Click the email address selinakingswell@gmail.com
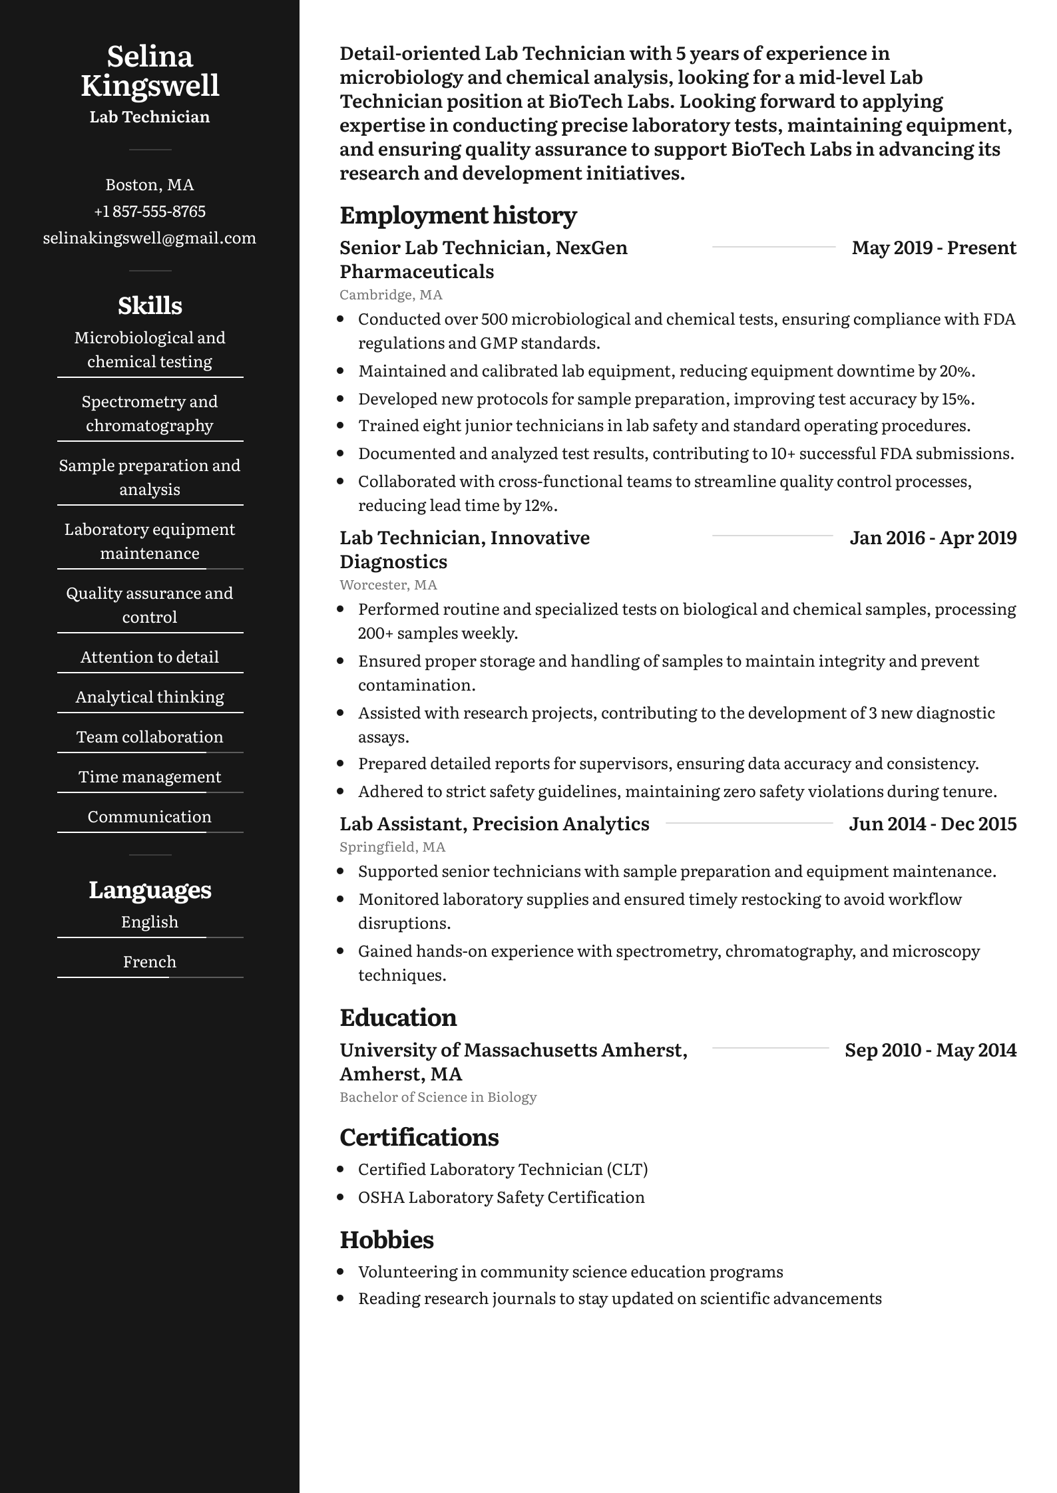[149, 238]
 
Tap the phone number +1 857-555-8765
[149, 212]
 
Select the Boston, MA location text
[149, 185]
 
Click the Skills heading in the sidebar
[150, 305]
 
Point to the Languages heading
[150, 890]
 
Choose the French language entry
[150, 961]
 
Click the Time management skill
[150, 776]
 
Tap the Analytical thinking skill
[150, 697]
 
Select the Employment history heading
[458, 215]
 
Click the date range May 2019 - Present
[934, 248]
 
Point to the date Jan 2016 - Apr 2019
[933, 538]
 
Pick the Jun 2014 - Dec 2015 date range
[933, 824]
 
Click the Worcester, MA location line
[388, 585]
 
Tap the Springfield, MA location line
[392, 847]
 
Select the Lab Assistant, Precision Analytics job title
[494, 824]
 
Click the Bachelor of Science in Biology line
[438, 1097]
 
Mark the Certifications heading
[419, 1137]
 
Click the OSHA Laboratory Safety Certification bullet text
[501, 1197]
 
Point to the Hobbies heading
[386, 1240]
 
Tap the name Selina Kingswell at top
[150, 71]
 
